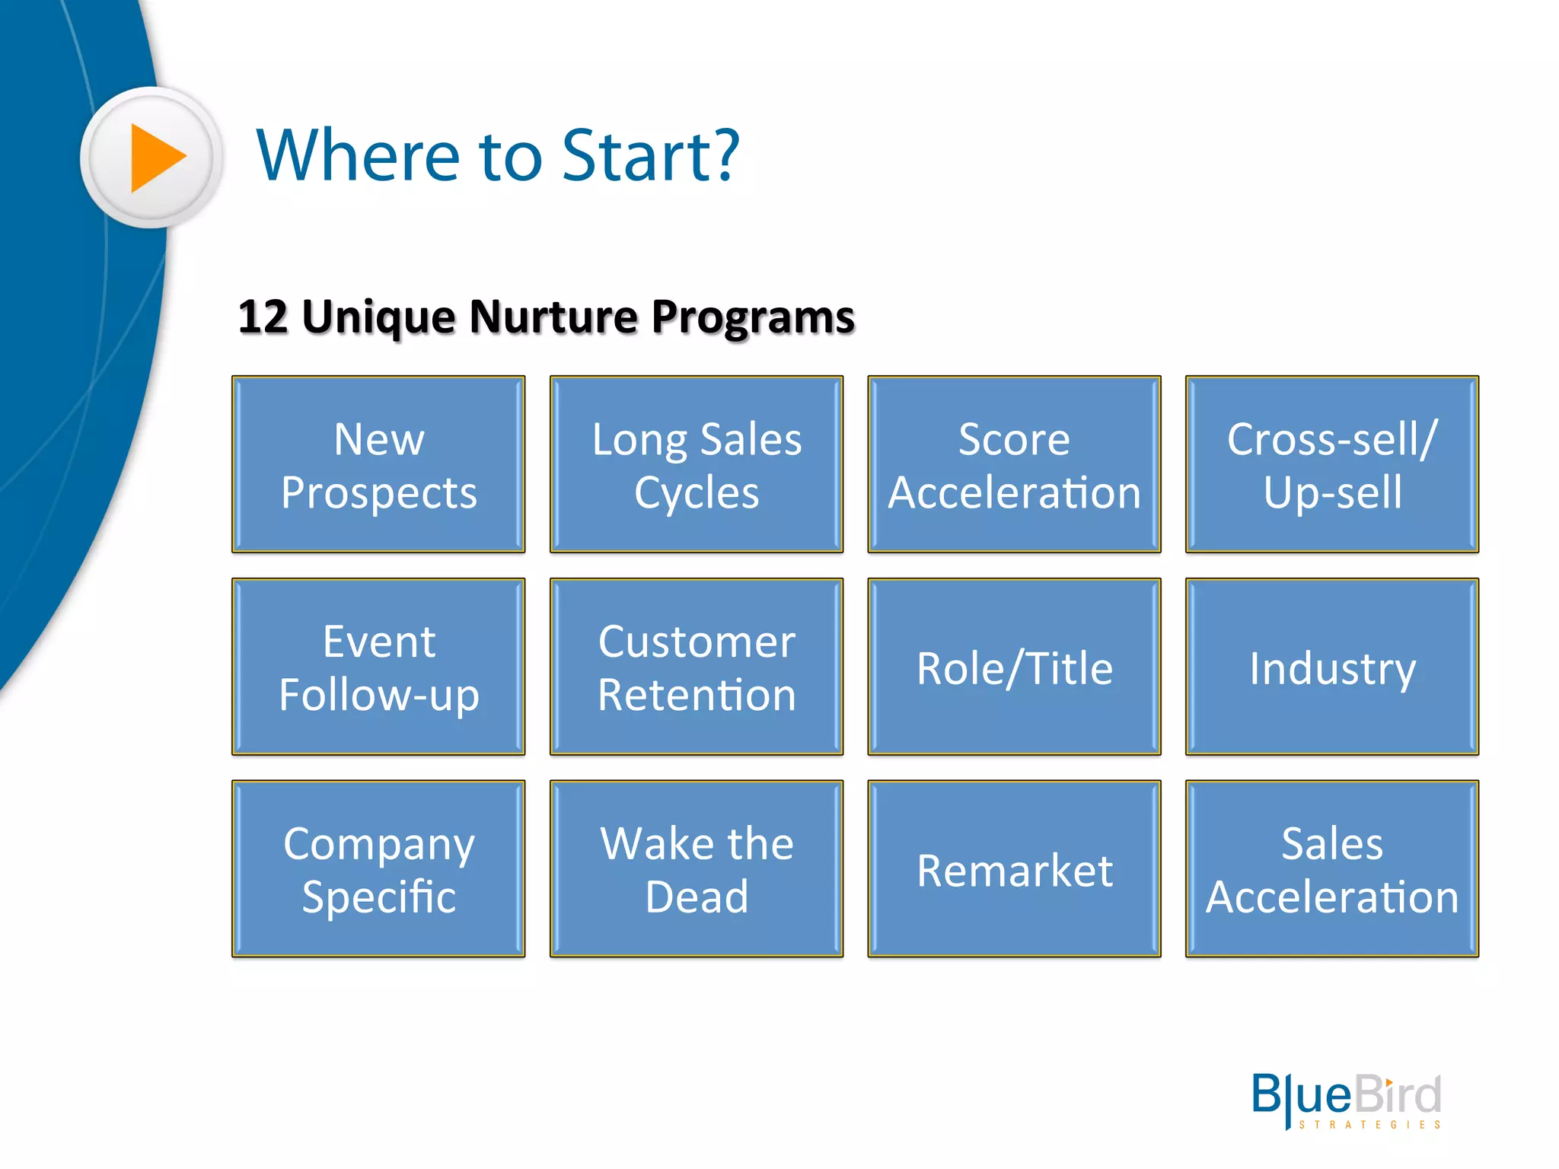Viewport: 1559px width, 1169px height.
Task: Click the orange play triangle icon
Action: pos(156,158)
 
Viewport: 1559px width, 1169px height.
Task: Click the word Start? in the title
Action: pos(650,156)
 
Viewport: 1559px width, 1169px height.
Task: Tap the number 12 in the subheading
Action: pos(263,317)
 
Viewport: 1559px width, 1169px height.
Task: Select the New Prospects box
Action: pos(378,464)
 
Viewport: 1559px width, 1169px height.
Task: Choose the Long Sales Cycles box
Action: pos(696,464)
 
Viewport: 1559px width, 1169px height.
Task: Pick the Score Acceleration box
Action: pos(1014,464)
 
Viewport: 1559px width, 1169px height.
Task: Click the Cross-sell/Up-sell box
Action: pos(1331,464)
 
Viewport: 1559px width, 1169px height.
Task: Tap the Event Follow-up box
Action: pos(378,667)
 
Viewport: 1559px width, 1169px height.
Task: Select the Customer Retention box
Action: pos(696,667)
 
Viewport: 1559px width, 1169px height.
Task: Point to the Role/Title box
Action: pos(1014,667)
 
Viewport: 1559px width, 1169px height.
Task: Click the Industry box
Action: pos(1331,667)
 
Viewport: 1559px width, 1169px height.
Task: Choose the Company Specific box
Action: pos(378,868)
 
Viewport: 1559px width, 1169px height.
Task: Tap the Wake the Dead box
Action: pos(696,868)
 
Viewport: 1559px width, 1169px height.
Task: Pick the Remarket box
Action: pos(1014,868)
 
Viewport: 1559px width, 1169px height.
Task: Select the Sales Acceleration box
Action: pos(1331,868)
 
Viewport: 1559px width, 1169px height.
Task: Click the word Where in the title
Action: pos(358,156)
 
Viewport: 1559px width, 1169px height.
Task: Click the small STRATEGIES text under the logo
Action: pos(1369,1125)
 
